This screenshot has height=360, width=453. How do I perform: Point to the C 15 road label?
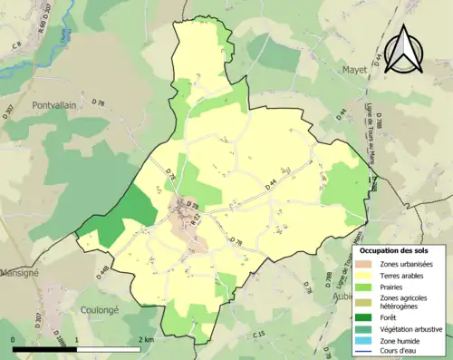point(259,336)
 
